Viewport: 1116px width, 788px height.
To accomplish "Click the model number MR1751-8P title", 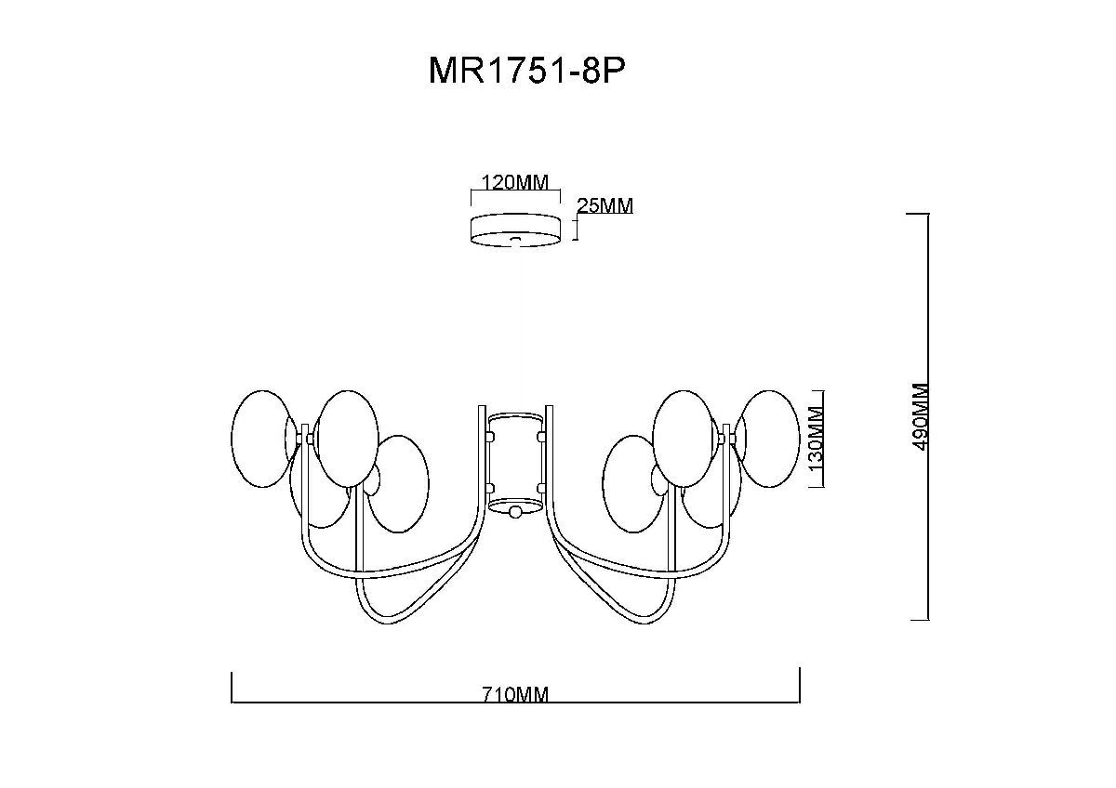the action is (526, 72).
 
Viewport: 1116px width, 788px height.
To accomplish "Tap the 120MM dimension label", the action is (515, 183).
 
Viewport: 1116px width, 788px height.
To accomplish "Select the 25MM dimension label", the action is (604, 205).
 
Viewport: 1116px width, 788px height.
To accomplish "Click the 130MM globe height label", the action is (815, 439).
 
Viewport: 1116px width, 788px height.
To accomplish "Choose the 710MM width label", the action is (515, 693).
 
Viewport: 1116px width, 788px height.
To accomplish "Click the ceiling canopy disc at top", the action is (515, 230).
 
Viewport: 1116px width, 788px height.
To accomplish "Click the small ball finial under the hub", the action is (515, 512).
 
